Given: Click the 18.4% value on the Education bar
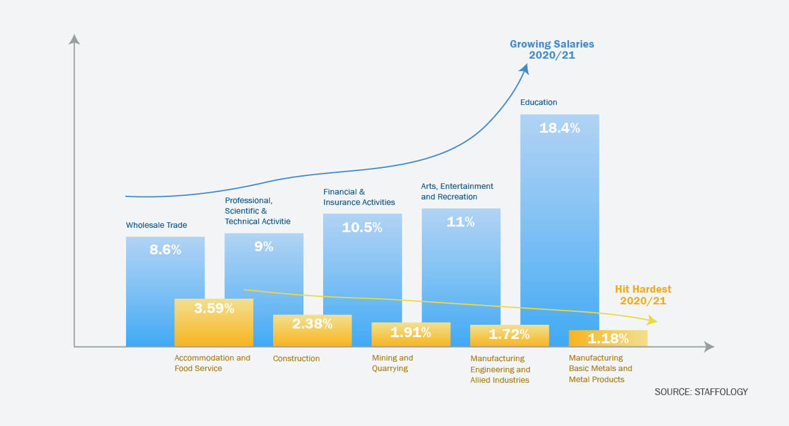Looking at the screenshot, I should (x=559, y=128).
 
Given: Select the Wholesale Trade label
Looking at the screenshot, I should (x=156, y=225).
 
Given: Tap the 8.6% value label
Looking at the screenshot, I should (x=165, y=250).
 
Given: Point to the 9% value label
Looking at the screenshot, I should (x=264, y=246).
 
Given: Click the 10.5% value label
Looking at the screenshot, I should (x=362, y=227).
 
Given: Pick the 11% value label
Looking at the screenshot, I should (x=460, y=222).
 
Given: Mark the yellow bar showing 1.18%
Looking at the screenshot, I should (x=608, y=338).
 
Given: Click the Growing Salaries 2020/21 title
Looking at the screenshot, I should (x=552, y=49).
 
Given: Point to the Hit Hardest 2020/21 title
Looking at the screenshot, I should (x=643, y=295).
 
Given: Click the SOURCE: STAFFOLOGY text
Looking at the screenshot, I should (x=701, y=391).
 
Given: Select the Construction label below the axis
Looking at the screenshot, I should (x=297, y=359).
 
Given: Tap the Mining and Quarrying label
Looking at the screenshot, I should (x=392, y=363).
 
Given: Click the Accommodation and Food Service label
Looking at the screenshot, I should (x=213, y=363).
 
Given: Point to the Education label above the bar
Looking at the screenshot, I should (x=539, y=102).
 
